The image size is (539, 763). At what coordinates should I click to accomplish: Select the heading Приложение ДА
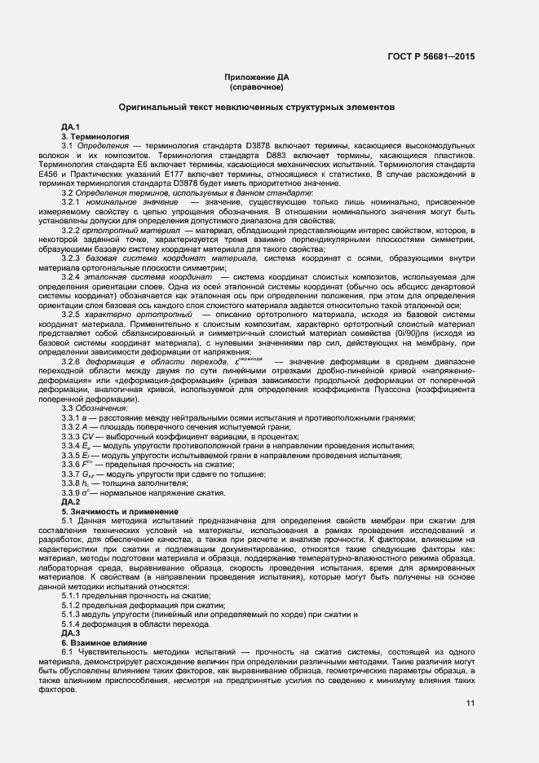tap(257, 77)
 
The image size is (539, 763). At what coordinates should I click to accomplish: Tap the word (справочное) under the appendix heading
tap(257, 86)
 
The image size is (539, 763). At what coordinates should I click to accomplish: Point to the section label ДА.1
tap(70, 127)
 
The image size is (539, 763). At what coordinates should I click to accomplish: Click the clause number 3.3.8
tap(69, 483)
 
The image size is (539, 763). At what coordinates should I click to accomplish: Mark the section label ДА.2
tap(70, 501)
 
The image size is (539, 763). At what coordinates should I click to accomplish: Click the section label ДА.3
tap(70, 633)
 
